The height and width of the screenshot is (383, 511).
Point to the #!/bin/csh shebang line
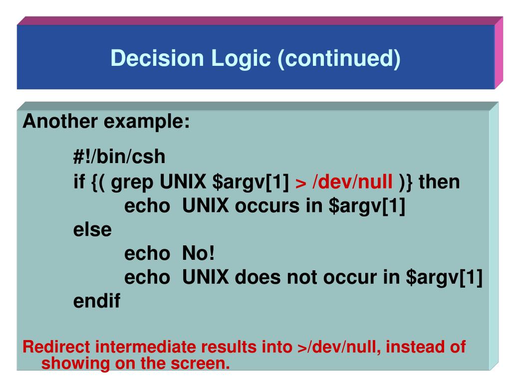coord(119,157)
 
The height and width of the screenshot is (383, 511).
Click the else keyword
coord(93,230)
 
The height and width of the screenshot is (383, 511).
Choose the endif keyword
coord(97,301)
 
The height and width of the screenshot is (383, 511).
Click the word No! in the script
coord(198,254)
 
